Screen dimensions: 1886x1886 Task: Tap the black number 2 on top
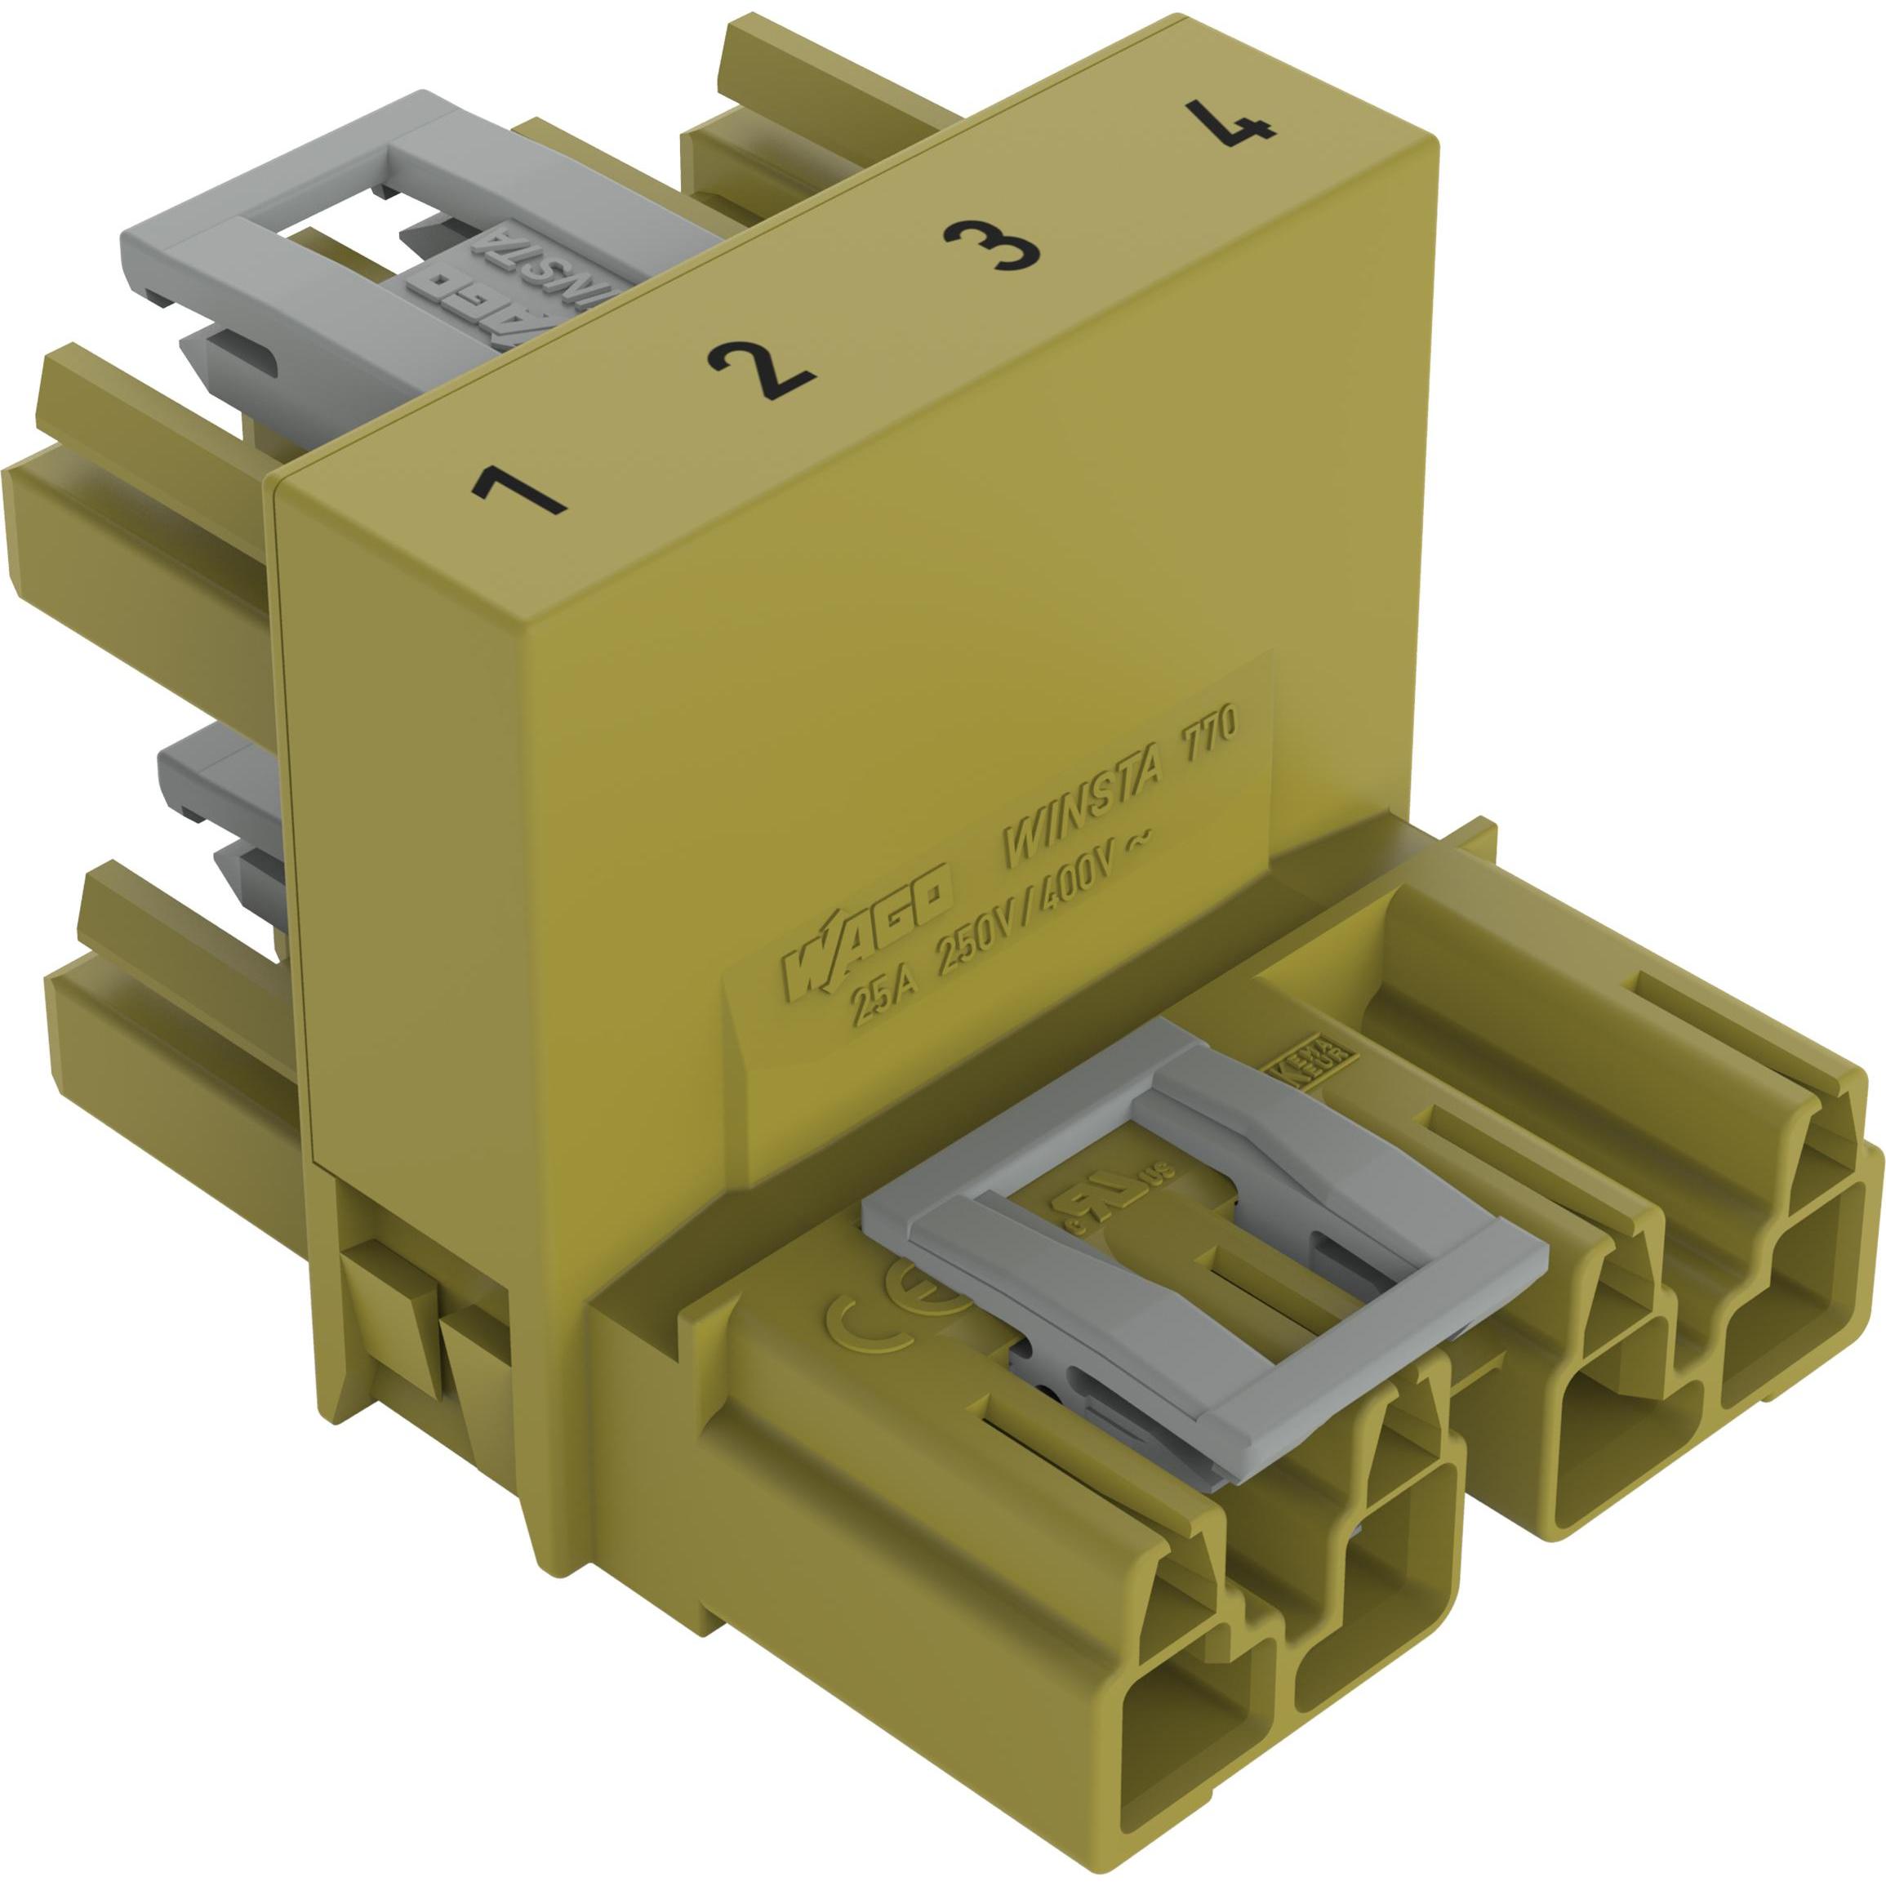click(x=759, y=371)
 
